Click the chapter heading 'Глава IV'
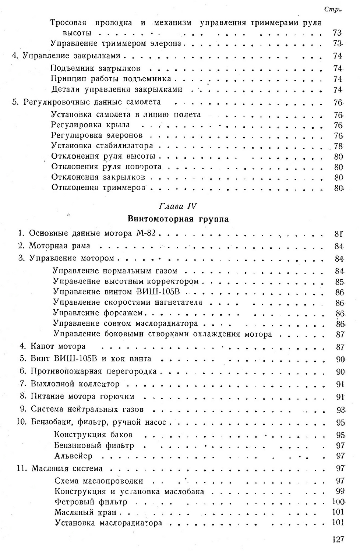pos(178,206)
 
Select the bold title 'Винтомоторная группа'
pos(178,219)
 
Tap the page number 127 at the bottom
pos(338,539)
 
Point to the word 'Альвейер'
pos(73,456)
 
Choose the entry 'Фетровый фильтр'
pos(91,502)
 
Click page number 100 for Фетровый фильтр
pos(338,502)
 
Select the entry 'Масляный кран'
pos(85,512)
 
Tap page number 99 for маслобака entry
pos(339,491)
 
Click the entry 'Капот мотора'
pos(58,347)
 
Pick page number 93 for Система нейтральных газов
pos(340,410)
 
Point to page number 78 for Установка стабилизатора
pos(338,146)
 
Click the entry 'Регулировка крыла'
pos(91,125)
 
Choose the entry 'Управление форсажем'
pos(98,313)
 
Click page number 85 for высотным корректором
pos(339,282)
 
